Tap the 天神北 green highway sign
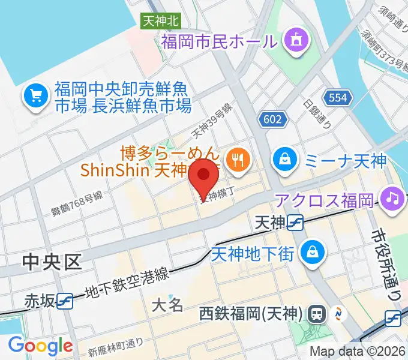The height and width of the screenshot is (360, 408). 161,21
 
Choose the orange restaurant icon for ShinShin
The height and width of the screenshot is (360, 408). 239,159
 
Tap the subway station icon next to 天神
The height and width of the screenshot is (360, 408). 295,223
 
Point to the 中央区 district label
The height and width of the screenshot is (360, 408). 52,262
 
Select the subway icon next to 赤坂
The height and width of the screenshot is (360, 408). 65,300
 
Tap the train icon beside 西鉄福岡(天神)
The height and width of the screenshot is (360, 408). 316,313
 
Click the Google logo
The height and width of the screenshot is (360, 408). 40,346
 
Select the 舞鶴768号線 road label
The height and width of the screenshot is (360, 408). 77,202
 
